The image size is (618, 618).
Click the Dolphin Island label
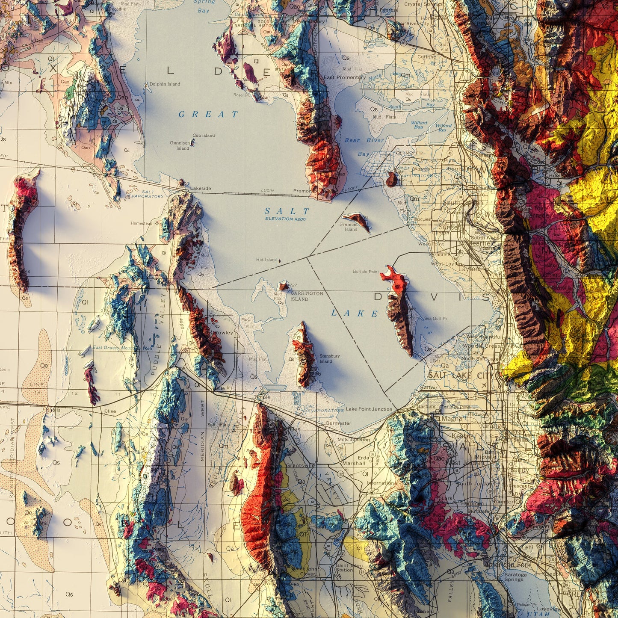coord(165,84)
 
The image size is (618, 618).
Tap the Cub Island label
coord(204,136)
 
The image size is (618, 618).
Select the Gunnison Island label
coord(180,146)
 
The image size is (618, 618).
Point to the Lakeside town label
coord(201,188)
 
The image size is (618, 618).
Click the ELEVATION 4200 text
coord(285,219)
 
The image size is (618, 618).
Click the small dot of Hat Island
coord(280,260)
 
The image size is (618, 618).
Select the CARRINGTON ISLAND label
coord(307,296)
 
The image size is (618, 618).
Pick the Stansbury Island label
coord(329,358)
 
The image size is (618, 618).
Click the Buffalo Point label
coord(366,272)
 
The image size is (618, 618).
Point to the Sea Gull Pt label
coord(435,319)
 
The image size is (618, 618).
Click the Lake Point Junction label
coord(369,409)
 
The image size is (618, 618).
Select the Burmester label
coord(338,423)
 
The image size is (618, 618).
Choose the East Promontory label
coord(344,77)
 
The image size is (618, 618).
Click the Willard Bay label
coord(419,125)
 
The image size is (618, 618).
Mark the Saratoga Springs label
coord(515,577)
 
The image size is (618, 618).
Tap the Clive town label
coord(110,411)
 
